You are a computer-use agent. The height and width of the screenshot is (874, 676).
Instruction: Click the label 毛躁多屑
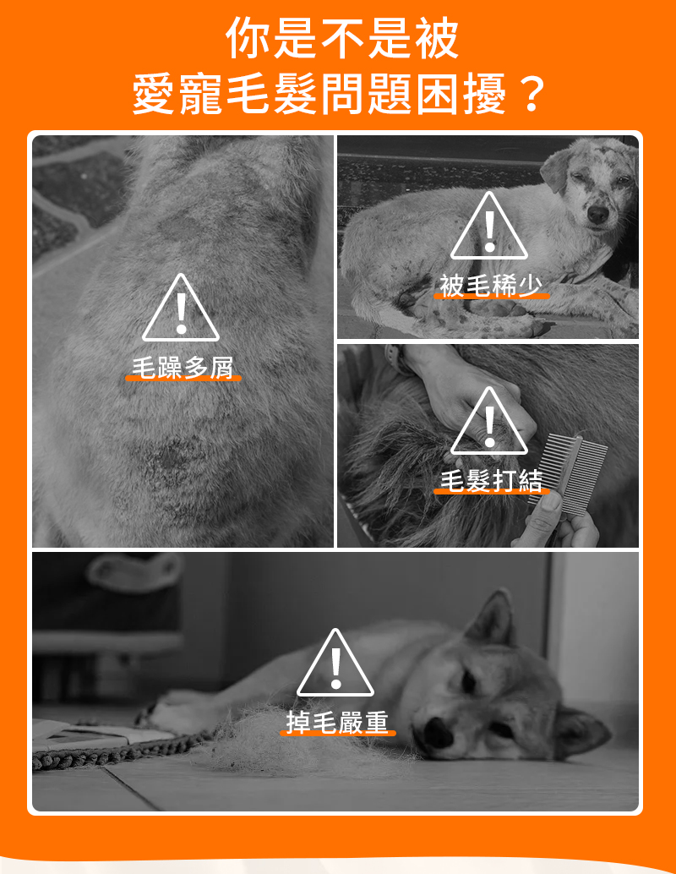pos(183,368)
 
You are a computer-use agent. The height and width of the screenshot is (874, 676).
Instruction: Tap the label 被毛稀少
pos(491,286)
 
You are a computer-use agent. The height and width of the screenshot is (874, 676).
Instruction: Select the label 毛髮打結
pos(491,480)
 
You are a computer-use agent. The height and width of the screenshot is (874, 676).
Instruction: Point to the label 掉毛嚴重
pos(337,723)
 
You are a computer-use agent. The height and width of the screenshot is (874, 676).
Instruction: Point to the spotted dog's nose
pos(597,214)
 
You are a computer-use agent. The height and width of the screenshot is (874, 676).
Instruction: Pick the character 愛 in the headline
pos(154,94)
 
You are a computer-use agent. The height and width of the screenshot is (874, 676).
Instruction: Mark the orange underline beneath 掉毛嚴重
pos(338,733)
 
